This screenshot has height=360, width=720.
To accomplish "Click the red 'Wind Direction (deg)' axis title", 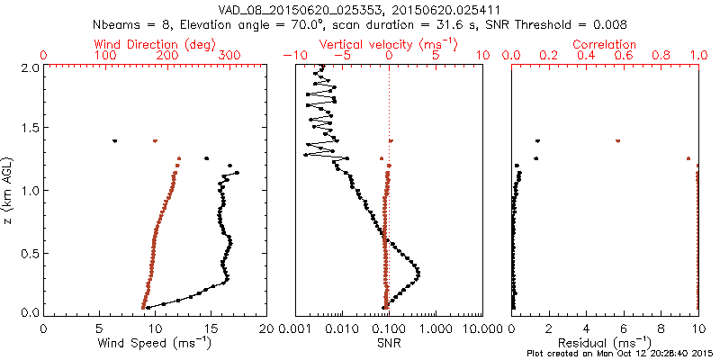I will point(155,44).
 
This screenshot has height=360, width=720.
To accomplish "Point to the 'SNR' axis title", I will point(389,343).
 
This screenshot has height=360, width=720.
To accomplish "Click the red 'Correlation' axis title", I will point(606,44).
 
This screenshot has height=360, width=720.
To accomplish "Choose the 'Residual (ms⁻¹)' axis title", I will point(605,343).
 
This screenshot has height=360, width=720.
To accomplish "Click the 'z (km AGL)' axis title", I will point(9,190).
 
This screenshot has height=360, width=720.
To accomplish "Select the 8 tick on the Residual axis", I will point(661,328).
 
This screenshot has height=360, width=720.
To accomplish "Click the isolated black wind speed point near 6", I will point(114,140).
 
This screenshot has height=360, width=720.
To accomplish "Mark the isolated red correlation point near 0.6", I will point(617,141).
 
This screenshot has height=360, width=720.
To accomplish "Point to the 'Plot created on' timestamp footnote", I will point(621,354).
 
